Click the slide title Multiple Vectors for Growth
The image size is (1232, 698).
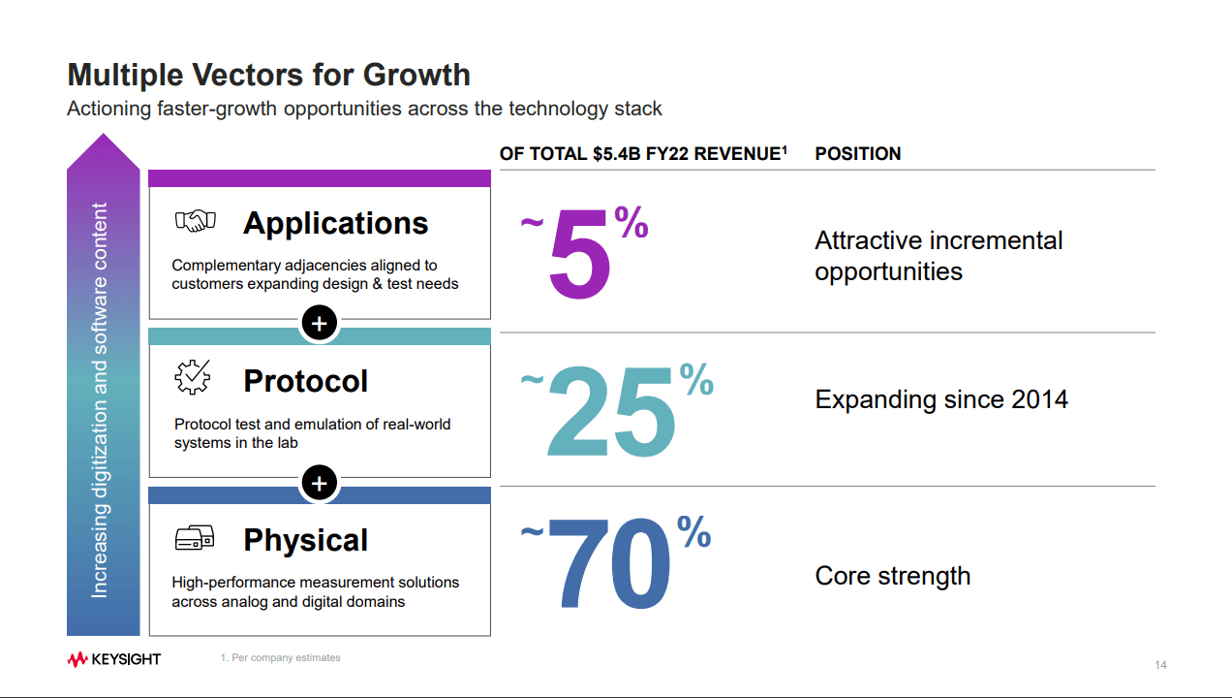tap(268, 75)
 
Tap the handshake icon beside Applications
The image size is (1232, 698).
tap(195, 221)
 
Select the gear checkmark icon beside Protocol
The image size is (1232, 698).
tap(192, 377)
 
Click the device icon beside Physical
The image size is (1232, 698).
tap(195, 537)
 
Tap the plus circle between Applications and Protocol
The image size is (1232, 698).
tap(319, 323)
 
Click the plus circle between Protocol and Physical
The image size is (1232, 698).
tap(319, 482)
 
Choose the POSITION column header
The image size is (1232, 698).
tap(858, 154)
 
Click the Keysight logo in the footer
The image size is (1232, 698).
tap(114, 659)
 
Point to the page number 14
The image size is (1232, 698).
tap(1160, 665)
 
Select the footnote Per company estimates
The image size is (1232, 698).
tap(281, 658)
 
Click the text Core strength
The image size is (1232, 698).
tap(892, 576)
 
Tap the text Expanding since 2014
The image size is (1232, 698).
tap(940, 399)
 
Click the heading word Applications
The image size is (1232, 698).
tap(335, 223)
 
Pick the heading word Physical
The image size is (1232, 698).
tap(305, 540)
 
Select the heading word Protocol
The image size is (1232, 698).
tap(305, 381)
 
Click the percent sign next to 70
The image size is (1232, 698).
tap(693, 531)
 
